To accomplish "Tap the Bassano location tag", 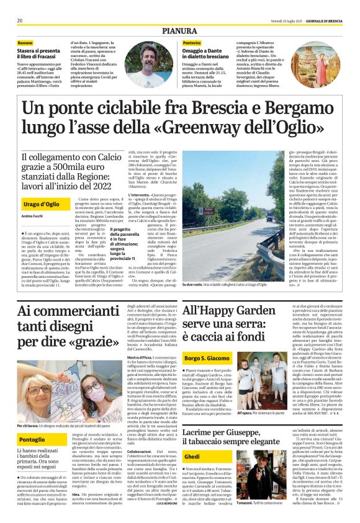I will point(29,43).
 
